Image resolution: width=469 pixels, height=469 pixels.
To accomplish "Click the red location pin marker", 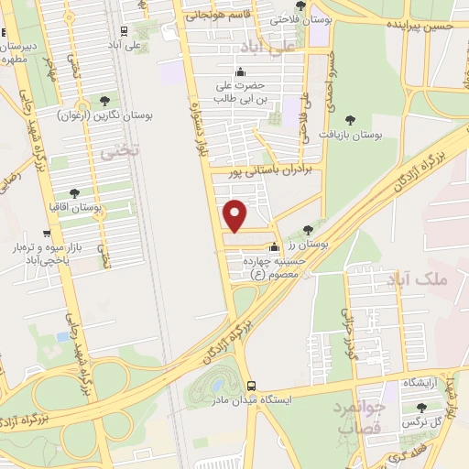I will (x=235, y=214).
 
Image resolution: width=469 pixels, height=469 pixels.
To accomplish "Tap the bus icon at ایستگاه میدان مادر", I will (x=252, y=387).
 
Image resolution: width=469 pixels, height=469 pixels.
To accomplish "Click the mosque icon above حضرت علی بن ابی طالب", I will (x=240, y=73).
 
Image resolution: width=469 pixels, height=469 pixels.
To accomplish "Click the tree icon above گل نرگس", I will (x=421, y=407).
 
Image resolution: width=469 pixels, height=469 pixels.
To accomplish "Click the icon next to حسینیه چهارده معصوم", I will (x=273, y=246).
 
